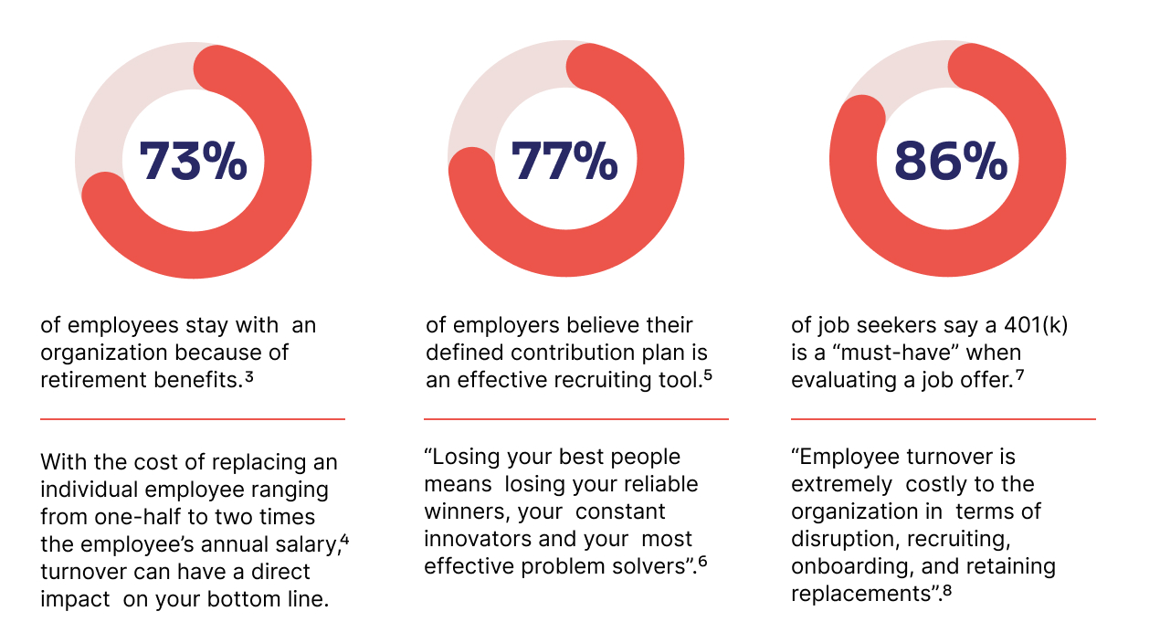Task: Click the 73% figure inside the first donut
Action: pyautogui.click(x=193, y=162)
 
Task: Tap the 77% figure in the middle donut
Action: pyautogui.click(x=564, y=162)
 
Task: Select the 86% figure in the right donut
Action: pyautogui.click(x=950, y=162)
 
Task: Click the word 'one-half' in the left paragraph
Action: pyautogui.click(x=130, y=517)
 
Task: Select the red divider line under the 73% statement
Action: pyautogui.click(x=193, y=419)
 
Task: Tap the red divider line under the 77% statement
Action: pyautogui.click(x=576, y=419)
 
